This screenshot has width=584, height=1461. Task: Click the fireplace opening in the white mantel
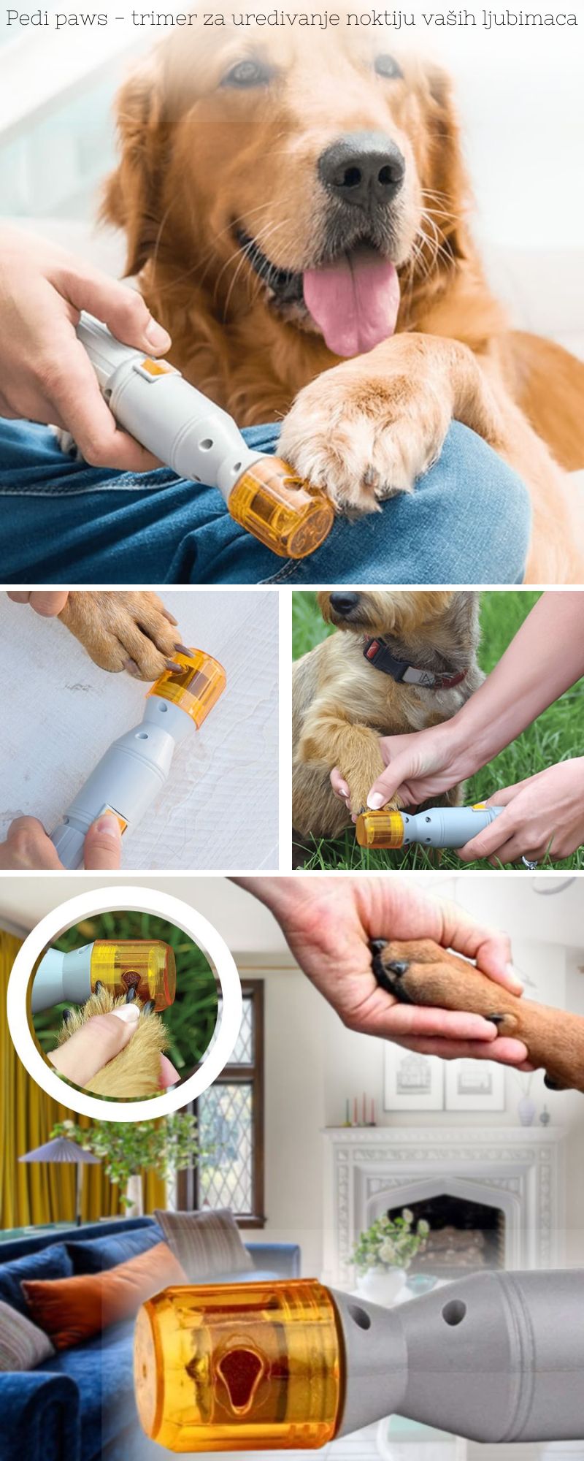pyautogui.click(x=446, y=1227)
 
